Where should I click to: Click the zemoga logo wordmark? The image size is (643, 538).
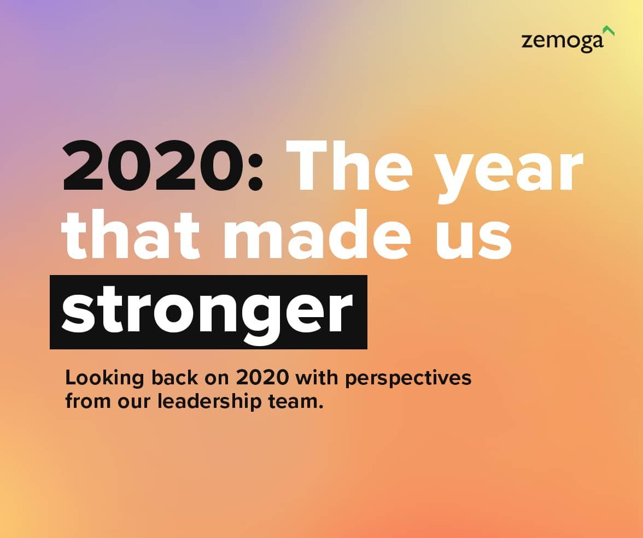point(562,42)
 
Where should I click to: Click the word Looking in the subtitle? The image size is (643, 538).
point(104,378)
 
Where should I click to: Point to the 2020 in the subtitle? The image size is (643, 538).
point(262,377)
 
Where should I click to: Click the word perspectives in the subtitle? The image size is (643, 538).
point(408,378)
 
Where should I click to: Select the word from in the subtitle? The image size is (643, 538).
point(87,401)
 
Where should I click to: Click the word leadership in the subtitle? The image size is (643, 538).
point(209,401)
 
